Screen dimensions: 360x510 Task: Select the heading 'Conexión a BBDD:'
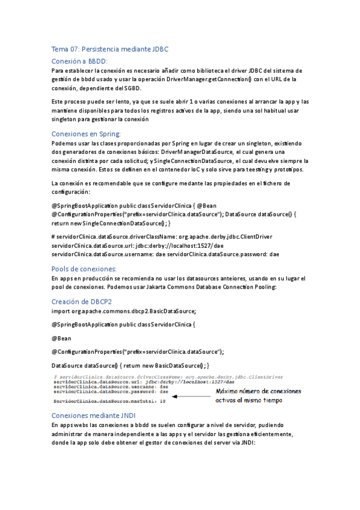(x=79, y=61)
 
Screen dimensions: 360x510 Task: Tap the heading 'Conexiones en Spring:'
(x=86, y=134)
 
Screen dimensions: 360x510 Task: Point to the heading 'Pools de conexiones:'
(x=84, y=268)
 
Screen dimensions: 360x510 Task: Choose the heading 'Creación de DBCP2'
(x=82, y=301)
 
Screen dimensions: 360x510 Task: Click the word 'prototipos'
(x=289, y=170)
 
